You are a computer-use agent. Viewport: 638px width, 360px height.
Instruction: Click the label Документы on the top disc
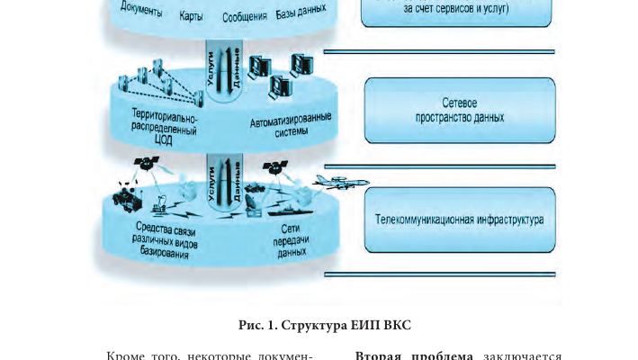(x=140, y=12)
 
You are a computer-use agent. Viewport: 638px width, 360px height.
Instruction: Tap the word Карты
(x=191, y=15)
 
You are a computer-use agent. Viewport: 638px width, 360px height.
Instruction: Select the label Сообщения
(x=244, y=16)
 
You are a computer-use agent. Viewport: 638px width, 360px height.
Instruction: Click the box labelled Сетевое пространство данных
(x=460, y=111)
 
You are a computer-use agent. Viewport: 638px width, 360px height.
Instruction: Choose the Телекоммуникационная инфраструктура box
(x=460, y=220)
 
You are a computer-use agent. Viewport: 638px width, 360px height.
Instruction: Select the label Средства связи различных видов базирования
(x=167, y=240)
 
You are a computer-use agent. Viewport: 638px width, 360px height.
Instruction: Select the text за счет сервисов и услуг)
(x=456, y=10)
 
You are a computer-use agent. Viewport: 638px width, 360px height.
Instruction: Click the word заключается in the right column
(x=523, y=355)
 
